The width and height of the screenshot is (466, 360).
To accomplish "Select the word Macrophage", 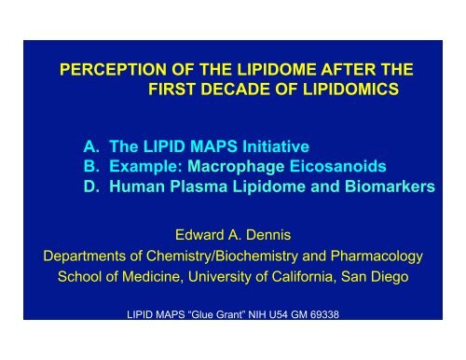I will pos(236,169).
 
